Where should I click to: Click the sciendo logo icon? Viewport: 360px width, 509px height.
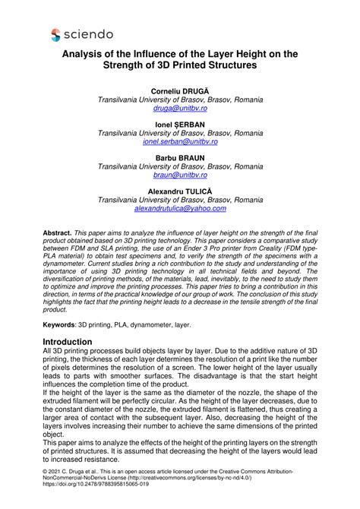coord(55,34)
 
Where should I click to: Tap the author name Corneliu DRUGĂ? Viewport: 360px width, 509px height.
coord(180,90)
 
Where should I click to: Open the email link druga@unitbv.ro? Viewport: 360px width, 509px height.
coord(180,109)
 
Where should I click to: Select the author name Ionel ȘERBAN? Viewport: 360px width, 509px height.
coord(180,124)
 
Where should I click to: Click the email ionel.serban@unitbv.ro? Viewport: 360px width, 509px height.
coord(180,141)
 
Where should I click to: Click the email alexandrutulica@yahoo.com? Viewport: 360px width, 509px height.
coord(180,208)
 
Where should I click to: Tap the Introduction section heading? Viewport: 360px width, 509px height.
coord(78,342)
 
